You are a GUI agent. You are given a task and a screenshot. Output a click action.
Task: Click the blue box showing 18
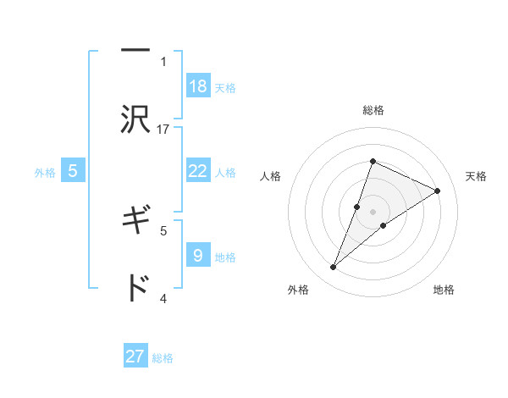coord(197,86)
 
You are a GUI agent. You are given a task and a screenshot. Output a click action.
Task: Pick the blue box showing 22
coord(197,171)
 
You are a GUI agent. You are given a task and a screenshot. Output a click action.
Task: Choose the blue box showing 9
coord(197,255)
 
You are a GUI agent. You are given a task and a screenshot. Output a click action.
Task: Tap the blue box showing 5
coord(73,171)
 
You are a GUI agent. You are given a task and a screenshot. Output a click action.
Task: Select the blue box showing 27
coord(135,357)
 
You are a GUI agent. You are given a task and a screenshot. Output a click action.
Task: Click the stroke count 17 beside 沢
coord(164,129)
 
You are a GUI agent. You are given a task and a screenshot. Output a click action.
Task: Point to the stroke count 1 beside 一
coord(163,61)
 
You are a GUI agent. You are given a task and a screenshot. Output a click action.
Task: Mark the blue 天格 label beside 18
coord(225,88)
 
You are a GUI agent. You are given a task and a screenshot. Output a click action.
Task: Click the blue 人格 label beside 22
coord(225,173)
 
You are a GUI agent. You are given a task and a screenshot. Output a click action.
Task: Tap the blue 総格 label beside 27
coord(163,358)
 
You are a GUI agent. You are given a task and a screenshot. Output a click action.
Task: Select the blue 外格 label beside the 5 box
coord(45,173)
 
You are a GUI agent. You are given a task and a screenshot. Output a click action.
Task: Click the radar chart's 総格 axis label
coord(373,110)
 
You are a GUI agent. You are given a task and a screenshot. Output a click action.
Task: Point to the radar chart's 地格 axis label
coord(444,290)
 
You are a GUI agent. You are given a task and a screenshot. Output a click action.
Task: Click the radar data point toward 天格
coord(438,191)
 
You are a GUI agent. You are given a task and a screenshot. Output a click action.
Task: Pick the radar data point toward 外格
coord(334,268)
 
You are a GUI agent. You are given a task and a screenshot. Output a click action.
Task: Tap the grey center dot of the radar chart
coord(373,212)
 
